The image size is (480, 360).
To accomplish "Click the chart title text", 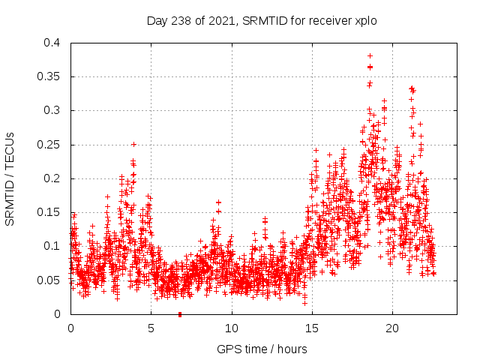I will pos(261,21).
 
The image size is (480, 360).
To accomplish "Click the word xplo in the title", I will pos(365,21).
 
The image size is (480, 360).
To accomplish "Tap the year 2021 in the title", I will pos(218,21).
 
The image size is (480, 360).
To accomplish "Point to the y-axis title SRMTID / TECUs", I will pos(10,178).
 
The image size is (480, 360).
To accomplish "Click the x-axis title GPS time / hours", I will pos(262,349).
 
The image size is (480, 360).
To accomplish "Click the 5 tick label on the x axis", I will pos(151,328).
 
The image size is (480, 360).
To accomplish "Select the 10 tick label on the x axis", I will pos(231,328).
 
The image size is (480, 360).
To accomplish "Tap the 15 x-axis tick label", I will pos(311,328).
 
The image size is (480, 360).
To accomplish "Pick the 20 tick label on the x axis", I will pos(391,328).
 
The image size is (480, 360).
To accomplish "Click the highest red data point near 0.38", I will pos(370,55).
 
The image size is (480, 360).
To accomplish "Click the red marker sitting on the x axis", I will pos(180,314).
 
